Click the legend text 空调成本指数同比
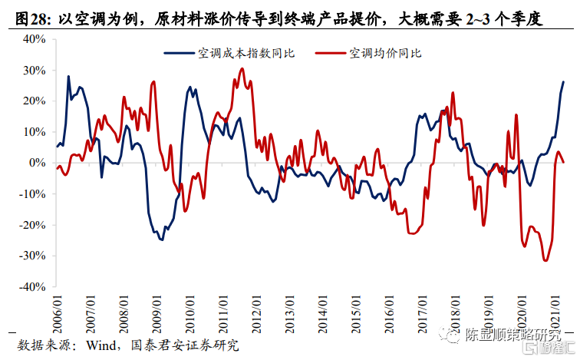pyautogui.click(x=246, y=53)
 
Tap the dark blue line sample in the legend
pyautogui.click(x=179, y=53)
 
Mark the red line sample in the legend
pyautogui.click(x=331, y=53)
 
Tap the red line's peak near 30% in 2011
pyautogui.click(x=242, y=69)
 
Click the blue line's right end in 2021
pyautogui.click(x=564, y=81)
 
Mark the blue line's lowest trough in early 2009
pyautogui.click(x=162, y=239)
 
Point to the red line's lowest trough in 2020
pyautogui.click(x=545, y=261)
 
